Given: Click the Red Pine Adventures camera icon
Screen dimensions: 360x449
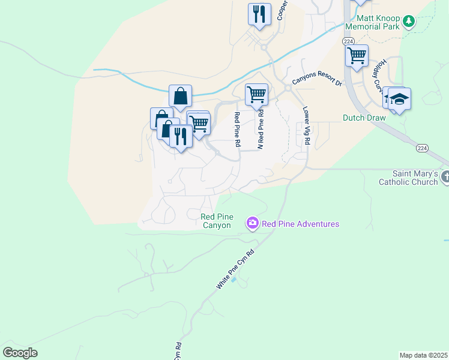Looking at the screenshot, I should coord(253,224).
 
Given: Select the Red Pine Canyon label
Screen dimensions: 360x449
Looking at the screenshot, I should coord(216,221).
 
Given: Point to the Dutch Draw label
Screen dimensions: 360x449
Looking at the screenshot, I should coord(364,118).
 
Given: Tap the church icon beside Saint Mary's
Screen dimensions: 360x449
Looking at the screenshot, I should coord(445,177).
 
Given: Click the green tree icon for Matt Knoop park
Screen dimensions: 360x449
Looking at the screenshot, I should coord(409,22).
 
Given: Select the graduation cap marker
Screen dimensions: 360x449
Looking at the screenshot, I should coord(399,99).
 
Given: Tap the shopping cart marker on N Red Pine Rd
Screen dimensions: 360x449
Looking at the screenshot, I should coord(256,94).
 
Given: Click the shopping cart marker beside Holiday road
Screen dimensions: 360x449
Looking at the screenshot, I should coord(357,56).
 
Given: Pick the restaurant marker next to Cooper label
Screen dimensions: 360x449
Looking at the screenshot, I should coord(259,14).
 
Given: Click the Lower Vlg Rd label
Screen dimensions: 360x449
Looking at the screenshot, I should coord(306,126).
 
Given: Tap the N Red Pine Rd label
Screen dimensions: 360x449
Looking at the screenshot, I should coord(261,128).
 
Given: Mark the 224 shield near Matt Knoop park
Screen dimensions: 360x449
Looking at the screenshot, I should coord(348,41).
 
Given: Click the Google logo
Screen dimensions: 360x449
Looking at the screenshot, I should coord(20,353).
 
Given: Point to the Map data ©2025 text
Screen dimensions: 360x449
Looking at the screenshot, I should coord(423,355).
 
